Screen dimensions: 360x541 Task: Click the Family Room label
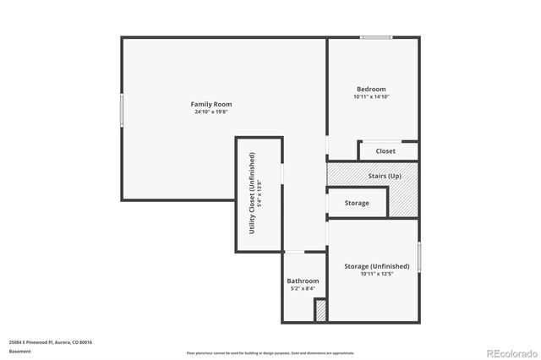pyautogui.click(x=210, y=103)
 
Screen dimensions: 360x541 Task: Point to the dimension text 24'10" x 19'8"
pyautogui.click(x=210, y=112)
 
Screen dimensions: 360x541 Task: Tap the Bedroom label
pyautogui.click(x=371, y=89)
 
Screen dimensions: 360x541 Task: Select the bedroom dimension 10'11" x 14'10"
pyautogui.click(x=371, y=96)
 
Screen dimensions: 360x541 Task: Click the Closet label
pyautogui.click(x=385, y=151)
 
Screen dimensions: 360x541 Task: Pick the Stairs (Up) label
pyautogui.click(x=384, y=176)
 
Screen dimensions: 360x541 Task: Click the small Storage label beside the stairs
pyautogui.click(x=357, y=203)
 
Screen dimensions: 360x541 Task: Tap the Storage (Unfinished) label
pyautogui.click(x=377, y=266)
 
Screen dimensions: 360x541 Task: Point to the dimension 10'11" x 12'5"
pyautogui.click(x=377, y=274)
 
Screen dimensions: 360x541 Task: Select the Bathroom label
pyautogui.click(x=303, y=281)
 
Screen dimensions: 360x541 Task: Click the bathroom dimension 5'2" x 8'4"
pyautogui.click(x=303, y=289)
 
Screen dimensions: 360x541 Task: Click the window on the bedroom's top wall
pyautogui.click(x=376, y=37)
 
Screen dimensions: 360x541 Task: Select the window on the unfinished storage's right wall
pyautogui.click(x=419, y=258)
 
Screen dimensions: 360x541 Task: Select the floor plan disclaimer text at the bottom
pyautogui.click(x=270, y=352)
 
